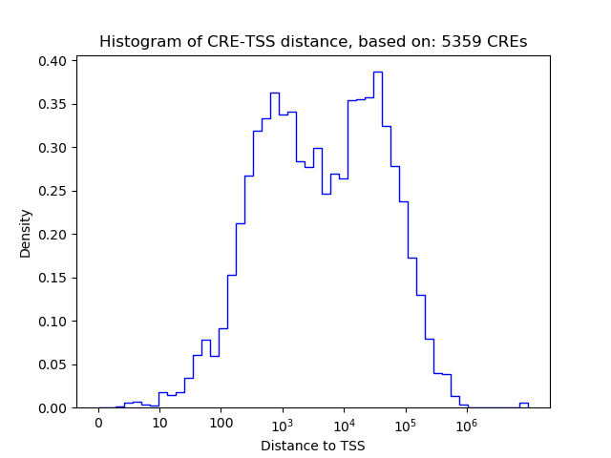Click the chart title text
[x=313, y=42]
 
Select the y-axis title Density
[x=26, y=234]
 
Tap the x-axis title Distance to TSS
[x=313, y=446]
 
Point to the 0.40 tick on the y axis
[x=53, y=61]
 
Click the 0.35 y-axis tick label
[x=53, y=104]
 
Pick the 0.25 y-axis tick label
[x=53, y=191]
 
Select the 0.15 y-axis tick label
[x=53, y=278]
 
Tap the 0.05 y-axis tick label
[x=53, y=364]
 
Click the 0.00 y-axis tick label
[x=53, y=408]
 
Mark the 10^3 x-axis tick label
[x=283, y=424]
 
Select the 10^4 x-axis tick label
[x=344, y=424]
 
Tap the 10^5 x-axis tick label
[x=406, y=424]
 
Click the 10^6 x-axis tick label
[x=467, y=424]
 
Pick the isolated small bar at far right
[x=523, y=405]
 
